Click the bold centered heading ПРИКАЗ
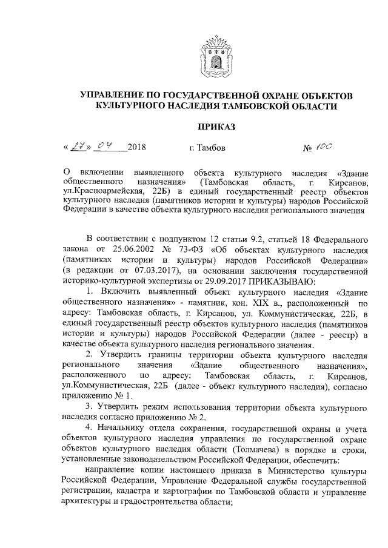[x=215, y=126]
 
